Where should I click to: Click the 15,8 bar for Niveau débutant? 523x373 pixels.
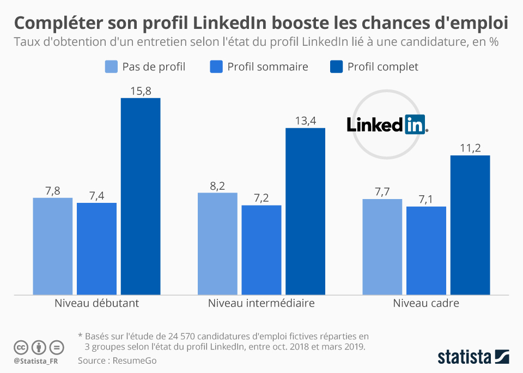141,196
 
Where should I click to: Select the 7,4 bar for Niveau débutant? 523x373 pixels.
96,249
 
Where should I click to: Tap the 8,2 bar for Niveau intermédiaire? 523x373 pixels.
217,244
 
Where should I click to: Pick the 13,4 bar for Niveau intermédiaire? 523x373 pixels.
305,212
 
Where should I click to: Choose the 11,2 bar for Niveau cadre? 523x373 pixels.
470,225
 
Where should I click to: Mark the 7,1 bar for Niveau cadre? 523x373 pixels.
426,251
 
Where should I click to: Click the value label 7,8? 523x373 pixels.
52,191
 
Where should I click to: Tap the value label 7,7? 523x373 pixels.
382,192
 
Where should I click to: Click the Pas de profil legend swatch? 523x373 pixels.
111,67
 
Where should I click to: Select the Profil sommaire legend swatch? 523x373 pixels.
216,67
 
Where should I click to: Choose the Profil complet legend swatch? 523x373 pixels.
336,67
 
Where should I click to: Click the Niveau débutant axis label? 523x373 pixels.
96,303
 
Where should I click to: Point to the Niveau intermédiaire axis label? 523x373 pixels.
261,303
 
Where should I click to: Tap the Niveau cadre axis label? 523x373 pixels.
426,303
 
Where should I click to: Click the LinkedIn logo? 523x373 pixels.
387,125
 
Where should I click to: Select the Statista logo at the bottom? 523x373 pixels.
473,357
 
